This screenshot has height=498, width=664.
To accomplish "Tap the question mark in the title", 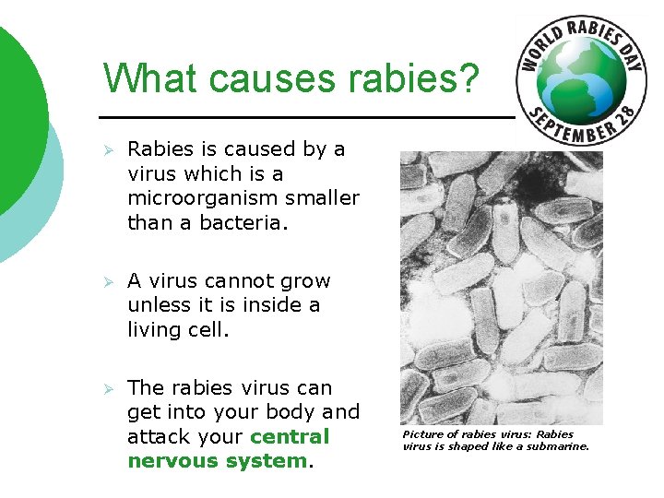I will tap(468, 79).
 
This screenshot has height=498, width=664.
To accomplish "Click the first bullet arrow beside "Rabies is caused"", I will tap(108, 149).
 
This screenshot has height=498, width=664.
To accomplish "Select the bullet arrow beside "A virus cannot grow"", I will tap(108, 281).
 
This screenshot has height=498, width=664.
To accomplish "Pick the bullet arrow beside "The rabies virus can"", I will tap(108, 388).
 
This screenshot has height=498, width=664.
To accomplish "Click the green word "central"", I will tap(290, 436).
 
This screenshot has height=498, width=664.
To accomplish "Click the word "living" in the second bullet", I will tap(153, 329).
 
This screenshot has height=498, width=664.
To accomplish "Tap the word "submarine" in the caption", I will tap(557, 447).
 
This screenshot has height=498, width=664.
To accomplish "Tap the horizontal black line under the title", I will tap(304, 118).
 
